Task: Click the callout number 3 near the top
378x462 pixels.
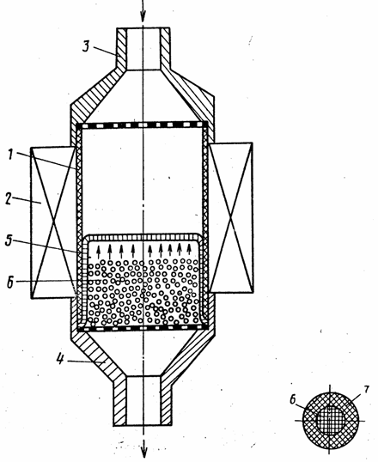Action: click(86, 46)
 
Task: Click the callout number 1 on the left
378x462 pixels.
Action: click(11, 155)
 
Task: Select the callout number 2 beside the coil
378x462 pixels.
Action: click(9, 199)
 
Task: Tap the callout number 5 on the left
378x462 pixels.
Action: click(9, 240)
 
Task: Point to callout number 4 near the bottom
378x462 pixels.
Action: click(60, 359)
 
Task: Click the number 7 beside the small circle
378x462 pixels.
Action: click(366, 389)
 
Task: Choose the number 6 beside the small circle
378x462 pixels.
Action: click(292, 400)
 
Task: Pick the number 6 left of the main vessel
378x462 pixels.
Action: click(10, 283)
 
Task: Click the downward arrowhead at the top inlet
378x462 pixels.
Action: click(143, 16)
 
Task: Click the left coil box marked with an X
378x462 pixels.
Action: click(53, 222)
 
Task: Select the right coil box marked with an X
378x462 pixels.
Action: click(231, 217)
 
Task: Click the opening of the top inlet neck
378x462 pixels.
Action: click(143, 49)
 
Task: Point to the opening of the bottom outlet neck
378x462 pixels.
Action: click(143, 400)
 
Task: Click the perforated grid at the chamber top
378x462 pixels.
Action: click(142, 125)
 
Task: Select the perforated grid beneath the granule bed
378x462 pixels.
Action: click(142, 327)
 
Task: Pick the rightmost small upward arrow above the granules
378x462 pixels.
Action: click(189, 249)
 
